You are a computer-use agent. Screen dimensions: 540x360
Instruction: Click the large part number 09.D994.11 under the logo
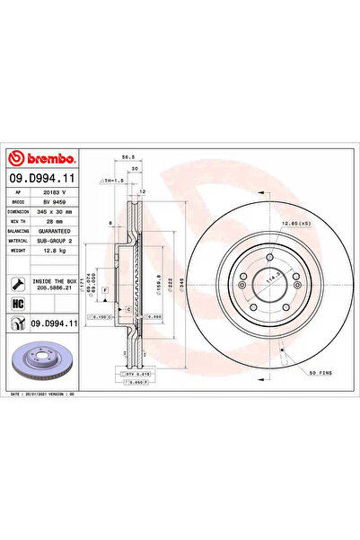[x=42, y=181]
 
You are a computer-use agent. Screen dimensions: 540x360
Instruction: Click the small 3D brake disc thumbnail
[x=45, y=358]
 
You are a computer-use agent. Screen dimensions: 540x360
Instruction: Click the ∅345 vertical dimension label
[x=182, y=283]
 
